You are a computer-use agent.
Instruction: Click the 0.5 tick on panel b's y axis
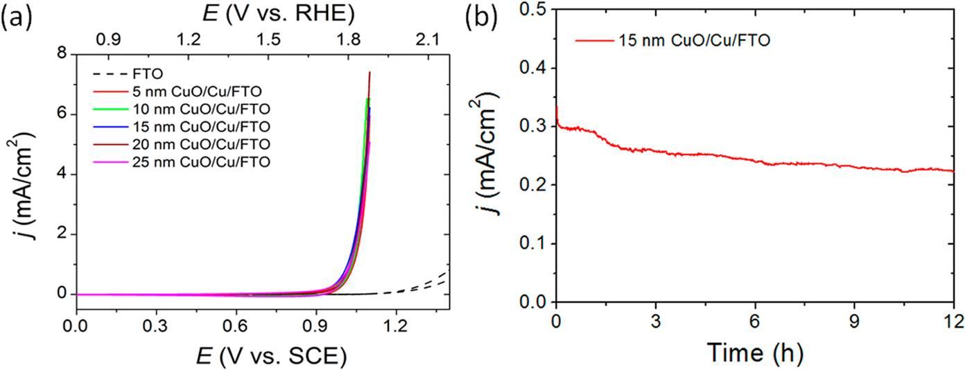tap(534, 9)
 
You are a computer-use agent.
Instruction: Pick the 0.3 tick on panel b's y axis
tap(534, 126)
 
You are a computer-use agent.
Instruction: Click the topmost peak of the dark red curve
tap(370, 72)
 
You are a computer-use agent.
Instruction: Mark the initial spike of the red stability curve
tap(556, 107)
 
